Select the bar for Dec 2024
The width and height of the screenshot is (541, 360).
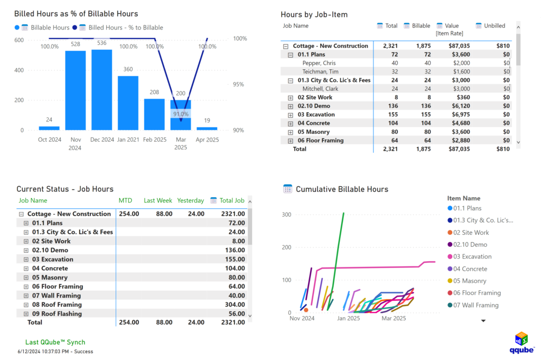click(x=101, y=90)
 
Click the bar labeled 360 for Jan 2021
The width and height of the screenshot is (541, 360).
click(x=128, y=103)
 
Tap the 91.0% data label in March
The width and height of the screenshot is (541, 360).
click(x=181, y=114)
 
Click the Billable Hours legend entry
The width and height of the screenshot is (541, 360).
click(x=50, y=27)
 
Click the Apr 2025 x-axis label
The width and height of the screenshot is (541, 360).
click(x=207, y=140)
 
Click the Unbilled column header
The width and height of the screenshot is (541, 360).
click(x=495, y=26)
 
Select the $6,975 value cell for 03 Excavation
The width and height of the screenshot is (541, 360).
click(x=458, y=115)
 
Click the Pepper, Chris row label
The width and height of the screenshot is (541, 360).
click(x=319, y=63)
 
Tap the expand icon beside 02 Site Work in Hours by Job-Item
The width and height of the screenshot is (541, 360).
click(x=290, y=98)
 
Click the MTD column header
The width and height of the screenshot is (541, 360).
click(x=125, y=201)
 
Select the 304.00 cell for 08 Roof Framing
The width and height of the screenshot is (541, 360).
click(x=234, y=304)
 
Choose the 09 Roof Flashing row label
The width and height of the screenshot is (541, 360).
click(x=57, y=313)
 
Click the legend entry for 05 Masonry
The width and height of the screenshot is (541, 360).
click(x=470, y=281)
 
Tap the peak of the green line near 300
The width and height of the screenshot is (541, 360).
click(x=343, y=213)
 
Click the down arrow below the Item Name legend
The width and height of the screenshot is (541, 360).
click(x=483, y=320)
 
